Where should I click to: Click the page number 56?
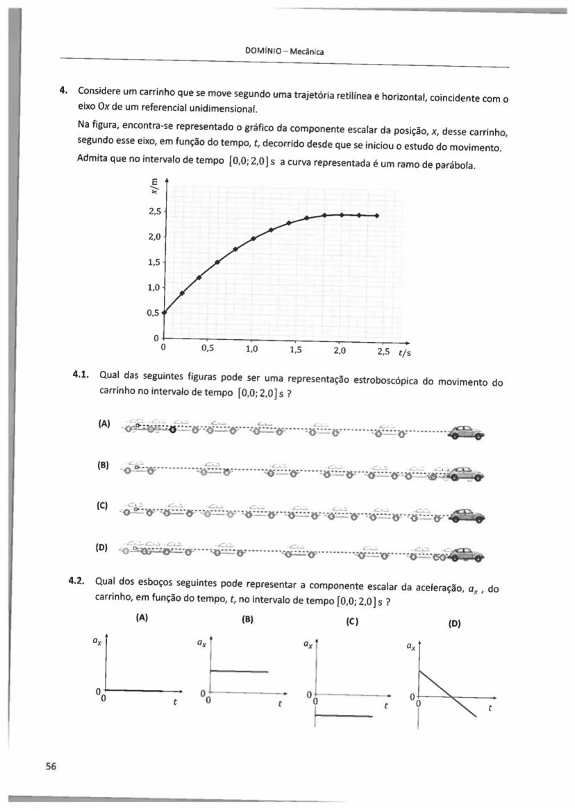50,766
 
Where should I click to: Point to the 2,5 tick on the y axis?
154,211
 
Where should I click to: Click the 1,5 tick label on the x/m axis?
154,262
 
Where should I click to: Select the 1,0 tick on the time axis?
251,350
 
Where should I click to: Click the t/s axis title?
404,352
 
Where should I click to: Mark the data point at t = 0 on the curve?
164,312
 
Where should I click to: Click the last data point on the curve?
376,216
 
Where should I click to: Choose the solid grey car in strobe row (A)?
466,432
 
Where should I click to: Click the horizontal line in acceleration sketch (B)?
239,671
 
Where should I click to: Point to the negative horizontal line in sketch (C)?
344,717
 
